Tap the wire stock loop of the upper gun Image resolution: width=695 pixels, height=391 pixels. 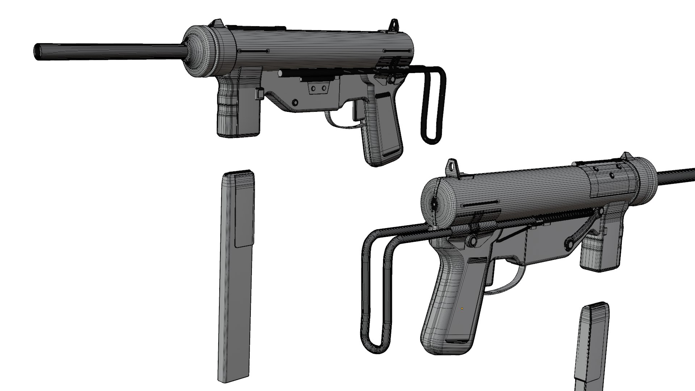[433, 109]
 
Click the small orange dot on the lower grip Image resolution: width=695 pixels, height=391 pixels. [462, 309]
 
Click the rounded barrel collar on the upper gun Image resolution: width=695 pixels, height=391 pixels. [199, 51]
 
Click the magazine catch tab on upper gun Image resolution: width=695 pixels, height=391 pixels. [259, 94]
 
